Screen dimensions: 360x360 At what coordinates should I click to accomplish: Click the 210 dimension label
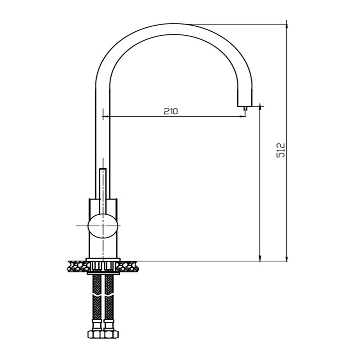tap(171, 111)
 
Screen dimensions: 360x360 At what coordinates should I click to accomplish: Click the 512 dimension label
tap(280, 150)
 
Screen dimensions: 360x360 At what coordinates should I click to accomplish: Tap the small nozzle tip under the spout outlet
tap(245, 108)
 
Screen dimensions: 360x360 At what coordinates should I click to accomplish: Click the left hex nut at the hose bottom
tap(95, 334)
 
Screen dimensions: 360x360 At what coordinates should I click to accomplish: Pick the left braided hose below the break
tap(96, 306)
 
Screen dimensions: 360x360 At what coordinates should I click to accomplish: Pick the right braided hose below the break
tap(109, 306)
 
